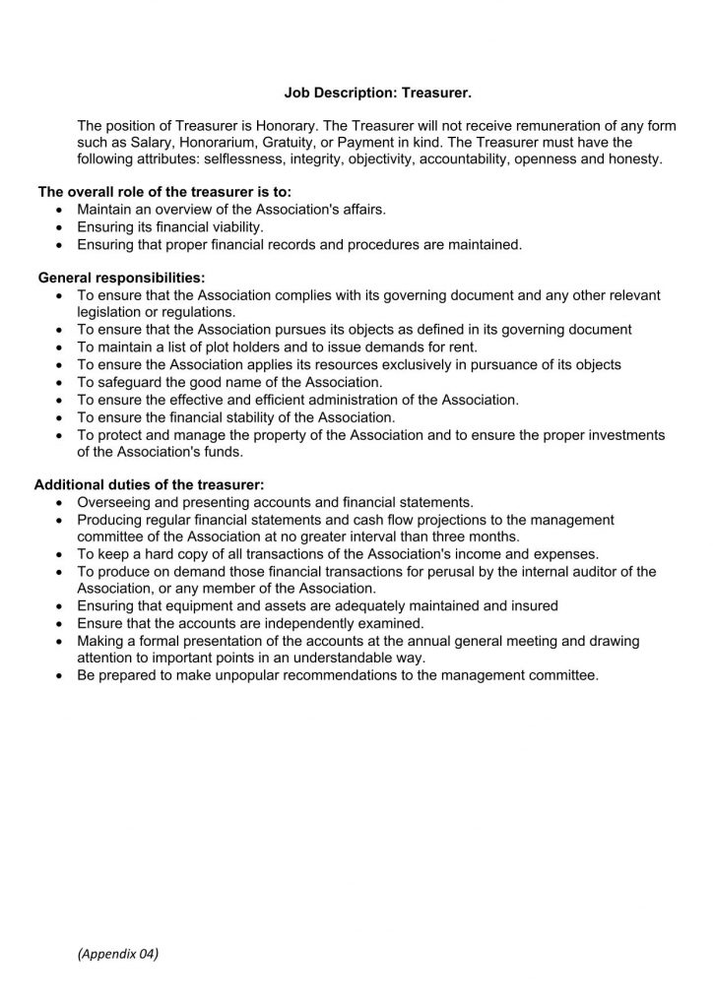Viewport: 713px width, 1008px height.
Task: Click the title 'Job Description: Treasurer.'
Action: point(377,94)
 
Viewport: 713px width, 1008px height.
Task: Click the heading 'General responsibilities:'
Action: point(121,279)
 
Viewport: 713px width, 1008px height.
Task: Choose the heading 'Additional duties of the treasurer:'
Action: point(150,484)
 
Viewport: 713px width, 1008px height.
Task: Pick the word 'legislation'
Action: point(113,312)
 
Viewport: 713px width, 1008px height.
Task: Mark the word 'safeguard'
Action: point(130,381)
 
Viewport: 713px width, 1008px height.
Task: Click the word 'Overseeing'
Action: point(115,502)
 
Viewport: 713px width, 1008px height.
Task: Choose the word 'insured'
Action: point(534,605)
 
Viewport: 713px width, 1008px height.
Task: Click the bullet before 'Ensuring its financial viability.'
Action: point(64,226)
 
